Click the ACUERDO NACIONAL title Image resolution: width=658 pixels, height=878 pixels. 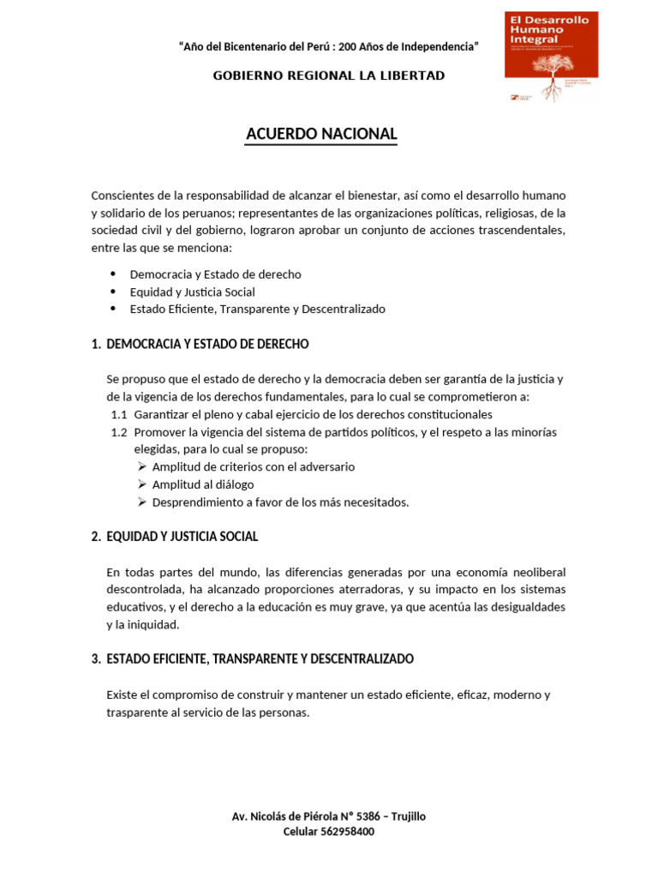(x=321, y=134)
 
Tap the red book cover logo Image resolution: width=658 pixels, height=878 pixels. (x=551, y=57)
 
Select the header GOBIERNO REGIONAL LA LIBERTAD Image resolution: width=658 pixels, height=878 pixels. (x=329, y=75)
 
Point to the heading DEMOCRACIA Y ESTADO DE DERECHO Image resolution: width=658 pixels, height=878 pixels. (x=207, y=344)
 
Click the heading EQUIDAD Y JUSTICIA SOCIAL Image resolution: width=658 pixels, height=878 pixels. (x=182, y=537)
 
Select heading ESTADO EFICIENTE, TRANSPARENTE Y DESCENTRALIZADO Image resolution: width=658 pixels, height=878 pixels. (x=260, y=658)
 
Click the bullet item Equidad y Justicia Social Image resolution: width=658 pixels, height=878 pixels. (x=192, y=292)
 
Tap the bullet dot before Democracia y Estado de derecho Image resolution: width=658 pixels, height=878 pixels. (x=113, y=274)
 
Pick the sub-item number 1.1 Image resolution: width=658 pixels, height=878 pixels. (x=119, y=415)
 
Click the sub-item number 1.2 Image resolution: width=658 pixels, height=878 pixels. (x=119, y=432)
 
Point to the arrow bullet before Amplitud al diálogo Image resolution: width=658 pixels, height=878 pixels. (x=142, y=484)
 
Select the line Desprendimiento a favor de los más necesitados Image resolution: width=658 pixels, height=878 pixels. (x=280, y=502)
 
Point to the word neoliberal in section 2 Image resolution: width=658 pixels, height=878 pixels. (x=533, y=572)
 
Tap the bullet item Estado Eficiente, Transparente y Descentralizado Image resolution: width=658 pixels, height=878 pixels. (x=257, y=309)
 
